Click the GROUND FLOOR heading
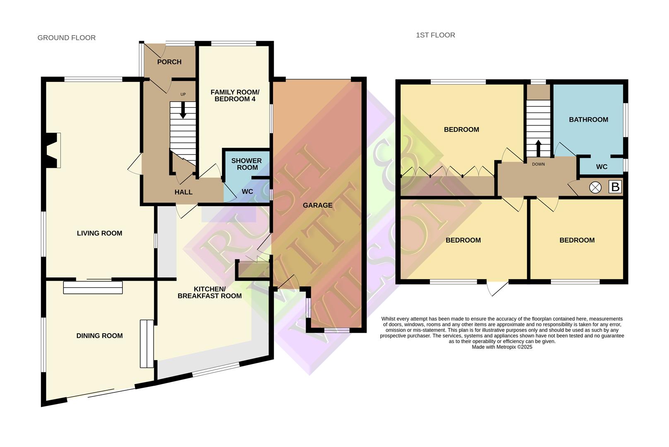[66, 38]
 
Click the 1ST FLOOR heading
[435, 35]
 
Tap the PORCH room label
[169, 62]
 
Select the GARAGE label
[317, 205]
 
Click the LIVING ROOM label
[99, 233]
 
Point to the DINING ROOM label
[99, 336]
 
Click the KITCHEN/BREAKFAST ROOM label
[209, 293]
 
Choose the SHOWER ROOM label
[246, 164]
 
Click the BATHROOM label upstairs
[588, 120]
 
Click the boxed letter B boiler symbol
[615, 187]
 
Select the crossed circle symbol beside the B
[595, 187]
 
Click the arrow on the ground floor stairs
[183, 111]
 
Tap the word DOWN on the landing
[539, 164]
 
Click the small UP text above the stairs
[183, 94]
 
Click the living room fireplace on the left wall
[52, 150]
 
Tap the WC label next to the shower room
[247, 192]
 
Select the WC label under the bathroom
[601, 167]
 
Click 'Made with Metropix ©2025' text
[502, 347]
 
